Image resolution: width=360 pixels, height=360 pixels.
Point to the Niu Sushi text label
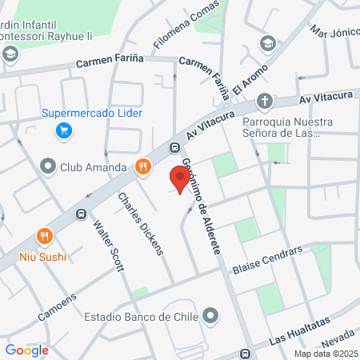[43, 257]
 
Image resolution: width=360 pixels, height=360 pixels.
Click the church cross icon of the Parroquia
[265, 102]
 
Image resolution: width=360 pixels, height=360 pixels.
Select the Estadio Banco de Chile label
[141, 316]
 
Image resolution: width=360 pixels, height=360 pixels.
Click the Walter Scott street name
[108, 246]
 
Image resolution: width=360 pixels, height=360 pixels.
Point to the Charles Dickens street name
[140, 223]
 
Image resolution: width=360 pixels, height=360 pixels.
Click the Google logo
[26, 350]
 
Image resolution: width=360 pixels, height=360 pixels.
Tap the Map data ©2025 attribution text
[326, 354]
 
